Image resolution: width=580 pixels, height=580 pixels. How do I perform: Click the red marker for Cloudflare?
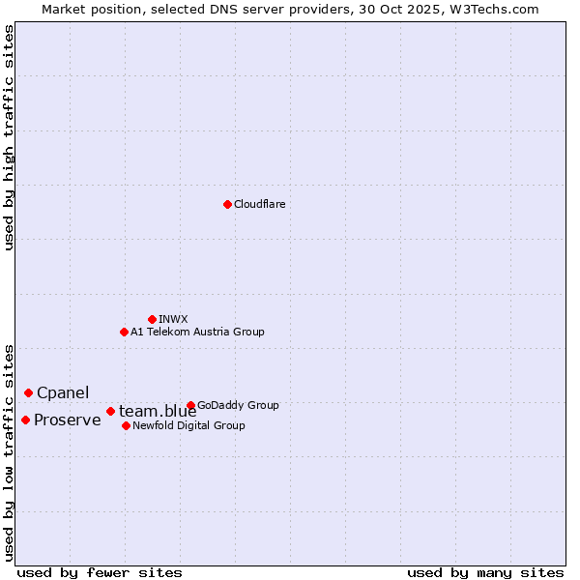tap(227, 204)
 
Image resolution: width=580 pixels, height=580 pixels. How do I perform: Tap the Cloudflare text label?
tap(259, 204)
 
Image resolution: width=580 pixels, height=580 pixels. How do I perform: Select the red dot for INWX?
tap(152, 319)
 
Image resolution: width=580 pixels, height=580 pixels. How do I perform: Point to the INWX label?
tap(173, 319)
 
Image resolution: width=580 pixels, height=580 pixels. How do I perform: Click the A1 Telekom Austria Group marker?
tap(124, 332)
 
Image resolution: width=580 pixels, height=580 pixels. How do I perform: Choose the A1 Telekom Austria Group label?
tap(197, 332)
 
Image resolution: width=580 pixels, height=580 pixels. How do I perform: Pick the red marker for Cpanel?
tap(28, 392)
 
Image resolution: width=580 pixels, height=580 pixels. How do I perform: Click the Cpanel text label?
tap(63, 392)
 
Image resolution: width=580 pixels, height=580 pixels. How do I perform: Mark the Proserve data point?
tap(25, 420)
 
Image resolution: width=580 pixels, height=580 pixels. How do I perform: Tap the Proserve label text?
tap(67, 420)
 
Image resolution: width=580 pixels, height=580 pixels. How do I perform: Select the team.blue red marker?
tap(110, 411)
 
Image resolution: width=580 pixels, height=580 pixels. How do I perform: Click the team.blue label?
tap(158, 412)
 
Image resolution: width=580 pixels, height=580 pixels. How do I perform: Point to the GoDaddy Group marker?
tap(190, 405)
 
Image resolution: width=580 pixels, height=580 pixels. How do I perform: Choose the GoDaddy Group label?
tap(238, 405)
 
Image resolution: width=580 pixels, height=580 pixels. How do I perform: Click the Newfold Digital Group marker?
tap(126, 425)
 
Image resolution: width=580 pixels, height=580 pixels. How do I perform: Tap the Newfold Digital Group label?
tap(188, 425)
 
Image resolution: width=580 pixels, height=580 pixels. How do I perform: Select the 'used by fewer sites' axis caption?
tap(100, 572)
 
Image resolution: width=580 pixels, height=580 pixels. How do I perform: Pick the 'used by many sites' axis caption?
tap(485, 572)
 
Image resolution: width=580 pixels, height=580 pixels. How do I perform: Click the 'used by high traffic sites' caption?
tap(9, 138)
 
